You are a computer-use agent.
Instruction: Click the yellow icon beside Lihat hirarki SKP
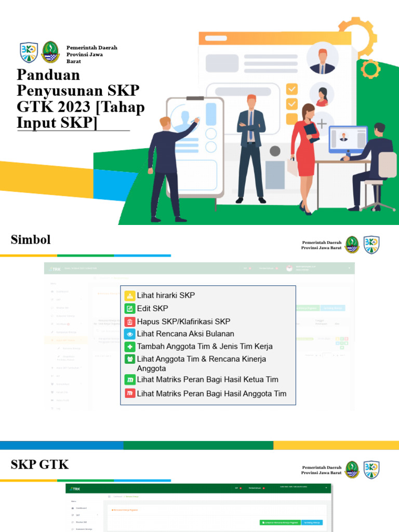tap(129, 295)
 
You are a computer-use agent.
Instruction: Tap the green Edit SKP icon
tap(129, 308)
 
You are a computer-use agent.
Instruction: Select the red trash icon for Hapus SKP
tap(129, 322)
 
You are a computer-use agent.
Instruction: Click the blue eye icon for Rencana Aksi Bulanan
tap(129, 334)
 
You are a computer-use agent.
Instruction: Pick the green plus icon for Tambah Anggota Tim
tap(129, 347)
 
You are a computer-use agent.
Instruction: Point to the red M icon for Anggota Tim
tap(129, 393)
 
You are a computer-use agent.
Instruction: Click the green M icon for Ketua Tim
tap(129, 380)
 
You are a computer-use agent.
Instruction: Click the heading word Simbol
tap(31, 240)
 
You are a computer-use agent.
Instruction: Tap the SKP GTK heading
tap(39, 464)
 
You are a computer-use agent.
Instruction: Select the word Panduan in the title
tap(48, 75)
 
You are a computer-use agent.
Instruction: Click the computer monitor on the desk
tap(347, 139)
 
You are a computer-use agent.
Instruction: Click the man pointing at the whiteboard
tap(166, 166)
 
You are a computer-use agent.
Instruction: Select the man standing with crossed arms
tap(251, 148)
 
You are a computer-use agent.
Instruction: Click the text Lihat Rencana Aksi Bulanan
tap(185, 334)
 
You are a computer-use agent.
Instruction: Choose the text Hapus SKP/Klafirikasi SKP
tap(183, 322)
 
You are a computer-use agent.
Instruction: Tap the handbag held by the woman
tap(292, 166)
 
